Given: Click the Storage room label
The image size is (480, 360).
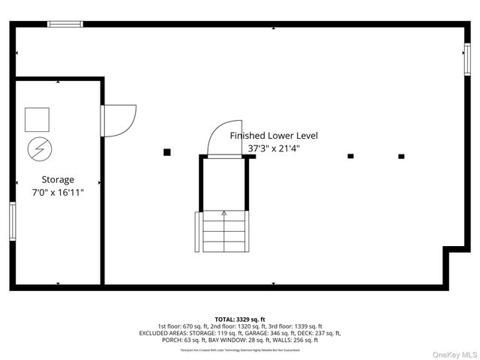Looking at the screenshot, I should click(58, 180).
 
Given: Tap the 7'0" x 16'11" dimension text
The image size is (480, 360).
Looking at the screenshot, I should click(58, 193).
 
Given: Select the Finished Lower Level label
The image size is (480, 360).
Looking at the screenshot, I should click(274, 136).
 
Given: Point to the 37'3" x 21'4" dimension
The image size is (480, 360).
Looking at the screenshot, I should click(274, 148).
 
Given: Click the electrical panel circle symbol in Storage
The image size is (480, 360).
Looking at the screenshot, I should click(37, 148).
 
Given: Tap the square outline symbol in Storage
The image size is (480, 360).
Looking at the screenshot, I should click(37, 119).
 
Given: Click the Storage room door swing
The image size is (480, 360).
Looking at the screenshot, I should click(119, 120).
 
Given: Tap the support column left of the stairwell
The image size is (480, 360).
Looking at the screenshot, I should click(167, 152).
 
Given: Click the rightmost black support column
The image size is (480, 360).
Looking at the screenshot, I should click(401, 157).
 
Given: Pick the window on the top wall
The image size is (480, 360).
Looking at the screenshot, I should click(65, 24).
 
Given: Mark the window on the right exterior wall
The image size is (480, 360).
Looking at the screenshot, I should click(466, 60).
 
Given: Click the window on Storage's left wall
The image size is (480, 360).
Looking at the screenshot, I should click(13, 221).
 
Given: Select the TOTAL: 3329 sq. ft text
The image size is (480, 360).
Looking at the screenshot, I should click(240, 319).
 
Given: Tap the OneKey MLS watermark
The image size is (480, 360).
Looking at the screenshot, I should click(453, 354).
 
